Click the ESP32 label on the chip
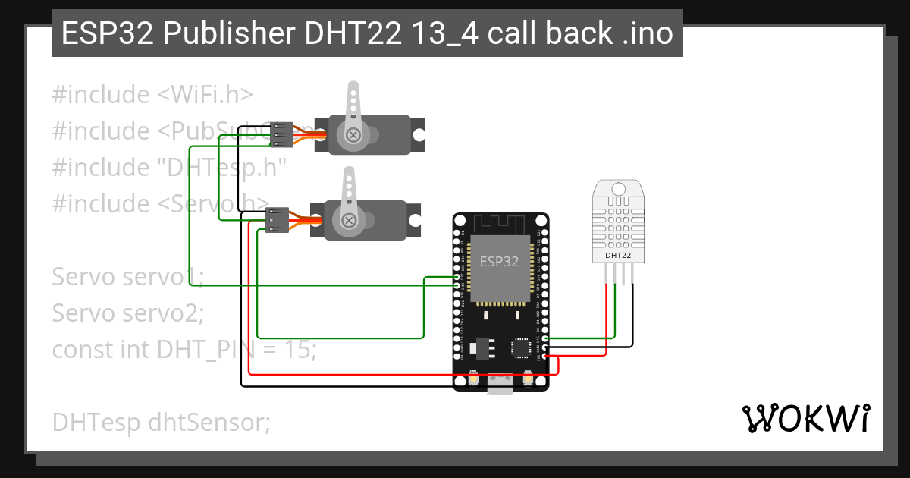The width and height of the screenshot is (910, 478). coord(500,262)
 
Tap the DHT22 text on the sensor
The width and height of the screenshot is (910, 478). coord(618,256)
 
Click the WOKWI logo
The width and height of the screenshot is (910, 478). coord(805,418)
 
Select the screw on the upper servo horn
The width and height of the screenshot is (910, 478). coord(353,135)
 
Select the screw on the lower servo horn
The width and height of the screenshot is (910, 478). coord(348,221)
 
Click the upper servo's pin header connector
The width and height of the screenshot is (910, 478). coord(281,134)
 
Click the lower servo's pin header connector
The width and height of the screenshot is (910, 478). coord(278,219)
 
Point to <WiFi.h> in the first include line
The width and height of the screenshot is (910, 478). coord(205,95)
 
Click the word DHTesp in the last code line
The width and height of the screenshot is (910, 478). coord(96,421)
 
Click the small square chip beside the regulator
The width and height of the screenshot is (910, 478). coord(522,347)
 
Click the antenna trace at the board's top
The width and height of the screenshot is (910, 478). coord(500,223)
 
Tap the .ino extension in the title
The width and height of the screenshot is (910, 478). coord(648,33)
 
